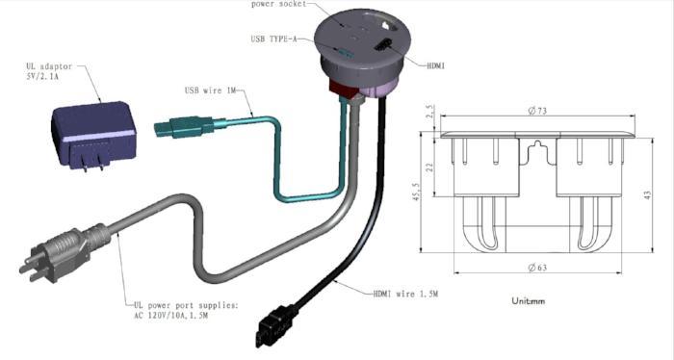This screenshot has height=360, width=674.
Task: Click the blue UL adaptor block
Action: pos(93,133)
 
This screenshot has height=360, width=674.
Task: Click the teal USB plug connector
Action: pos(185,127)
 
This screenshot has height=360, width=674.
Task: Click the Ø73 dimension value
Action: pos(537,111)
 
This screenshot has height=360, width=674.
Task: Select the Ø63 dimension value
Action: pos(537,268)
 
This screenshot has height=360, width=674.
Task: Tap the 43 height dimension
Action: pos(648,194)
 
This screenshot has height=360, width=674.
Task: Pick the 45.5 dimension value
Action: pos(416,192)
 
